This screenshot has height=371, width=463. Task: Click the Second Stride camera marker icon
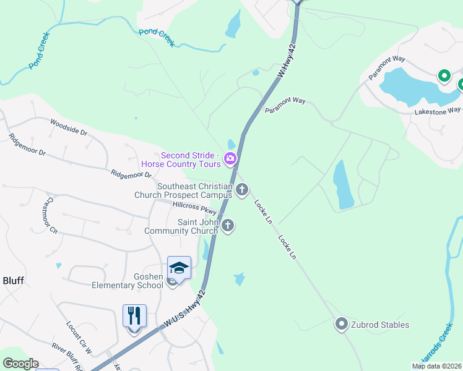tap(230, 159)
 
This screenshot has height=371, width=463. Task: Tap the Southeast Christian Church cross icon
tap(242, 190)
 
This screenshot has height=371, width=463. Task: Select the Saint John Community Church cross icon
tap(228, 226)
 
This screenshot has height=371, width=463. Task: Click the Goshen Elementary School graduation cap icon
tap(179, 268)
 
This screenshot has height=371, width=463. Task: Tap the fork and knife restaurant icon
tap(134, 316)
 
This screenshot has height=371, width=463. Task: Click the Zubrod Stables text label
tap(380, 325)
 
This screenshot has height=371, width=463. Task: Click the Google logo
tap(20, 364)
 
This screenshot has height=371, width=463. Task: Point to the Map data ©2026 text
tap(436, 366)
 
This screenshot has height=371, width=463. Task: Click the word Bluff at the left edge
tap(12, 281)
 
